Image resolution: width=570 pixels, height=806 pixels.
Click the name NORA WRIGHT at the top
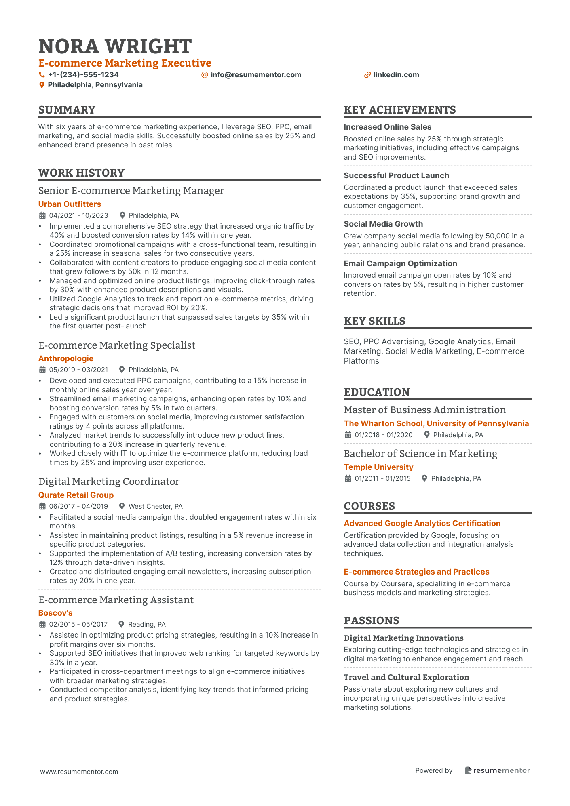115,46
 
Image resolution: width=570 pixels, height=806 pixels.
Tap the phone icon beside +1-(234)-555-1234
42,75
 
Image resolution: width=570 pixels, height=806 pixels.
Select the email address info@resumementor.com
255,75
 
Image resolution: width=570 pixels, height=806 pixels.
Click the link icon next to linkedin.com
367,75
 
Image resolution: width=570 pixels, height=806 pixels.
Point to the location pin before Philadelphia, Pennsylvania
42,85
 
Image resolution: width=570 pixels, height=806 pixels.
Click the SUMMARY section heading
67,110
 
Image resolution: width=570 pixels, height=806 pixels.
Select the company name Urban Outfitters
70,204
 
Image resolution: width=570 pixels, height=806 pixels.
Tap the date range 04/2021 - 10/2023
78,215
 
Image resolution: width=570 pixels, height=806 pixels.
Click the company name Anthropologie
66,358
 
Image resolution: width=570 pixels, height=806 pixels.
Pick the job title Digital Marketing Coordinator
109,482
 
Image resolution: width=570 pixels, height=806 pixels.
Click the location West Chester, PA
155,506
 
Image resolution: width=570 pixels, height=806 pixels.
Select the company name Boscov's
55,613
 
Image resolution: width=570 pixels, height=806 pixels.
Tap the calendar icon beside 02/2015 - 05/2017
42,624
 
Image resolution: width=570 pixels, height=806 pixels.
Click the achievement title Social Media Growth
383,224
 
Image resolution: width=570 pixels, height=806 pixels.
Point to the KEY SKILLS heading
374,321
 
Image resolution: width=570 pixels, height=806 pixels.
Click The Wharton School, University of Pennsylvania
436,423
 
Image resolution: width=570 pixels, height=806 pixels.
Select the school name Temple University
378,467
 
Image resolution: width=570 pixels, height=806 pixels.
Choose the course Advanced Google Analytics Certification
422,523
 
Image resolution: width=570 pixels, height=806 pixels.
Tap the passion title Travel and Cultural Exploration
406,677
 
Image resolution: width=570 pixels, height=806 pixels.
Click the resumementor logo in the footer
497,770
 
